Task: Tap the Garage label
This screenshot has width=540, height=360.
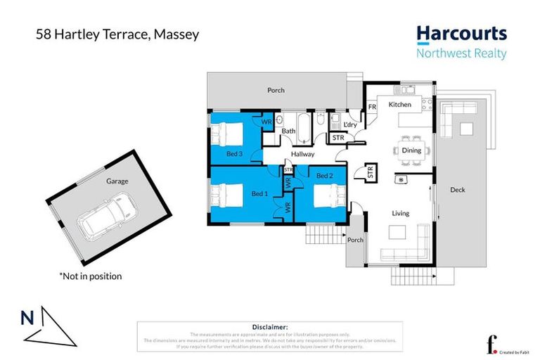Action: (117, 181)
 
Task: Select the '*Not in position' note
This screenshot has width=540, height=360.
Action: (90, 276)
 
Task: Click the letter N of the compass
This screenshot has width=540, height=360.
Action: (27, 318)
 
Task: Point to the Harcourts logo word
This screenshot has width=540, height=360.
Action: (461, 33)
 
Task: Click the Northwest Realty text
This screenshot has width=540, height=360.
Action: (461, 53)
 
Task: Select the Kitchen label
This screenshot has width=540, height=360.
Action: (399, 105)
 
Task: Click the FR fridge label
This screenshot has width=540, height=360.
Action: (372, 107)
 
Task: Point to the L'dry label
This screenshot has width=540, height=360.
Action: (351, 124)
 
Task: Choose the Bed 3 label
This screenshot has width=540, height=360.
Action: (235, 154)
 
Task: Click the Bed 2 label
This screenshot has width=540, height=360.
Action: (324, 175)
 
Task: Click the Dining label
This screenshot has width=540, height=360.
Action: (411, 150)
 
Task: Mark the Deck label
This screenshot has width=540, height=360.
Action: (457, 190)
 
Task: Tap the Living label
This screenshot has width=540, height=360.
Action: (400, 213)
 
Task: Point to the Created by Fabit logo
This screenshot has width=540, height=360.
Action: (504, 345)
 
